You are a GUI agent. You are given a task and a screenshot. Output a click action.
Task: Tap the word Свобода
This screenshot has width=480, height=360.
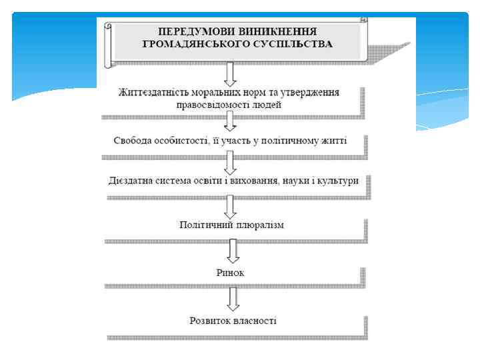pyautogui.click(x=133, y=141)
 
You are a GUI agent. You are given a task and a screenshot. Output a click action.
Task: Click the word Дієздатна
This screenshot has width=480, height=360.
pyautogui.click(x=131, y=181)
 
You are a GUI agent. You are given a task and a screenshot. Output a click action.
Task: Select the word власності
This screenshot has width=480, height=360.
pyautogui.click(x=253, y=321)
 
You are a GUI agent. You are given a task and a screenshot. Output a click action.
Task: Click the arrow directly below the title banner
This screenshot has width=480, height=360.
pyautogui.click(x=231, y=74)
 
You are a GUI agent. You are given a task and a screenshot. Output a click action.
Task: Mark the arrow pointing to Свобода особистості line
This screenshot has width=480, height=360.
pyautogui.click(x=231, y=122)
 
